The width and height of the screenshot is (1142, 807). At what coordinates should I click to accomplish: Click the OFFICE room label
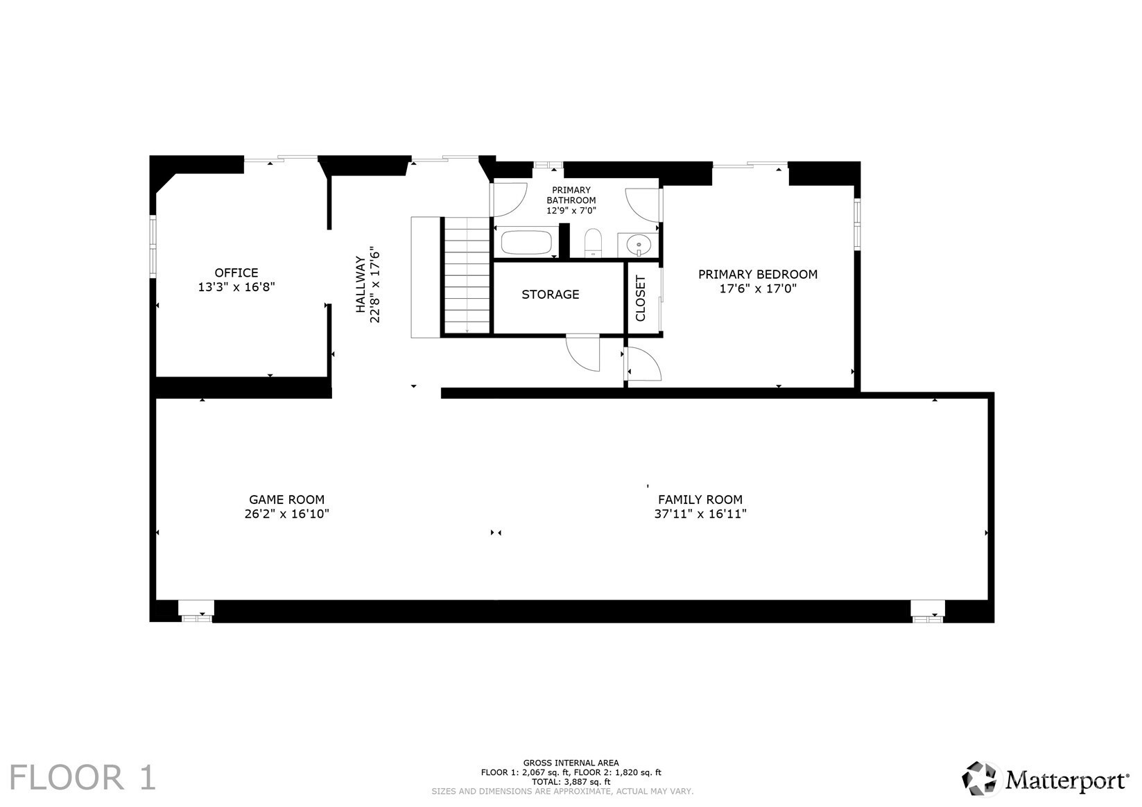236,272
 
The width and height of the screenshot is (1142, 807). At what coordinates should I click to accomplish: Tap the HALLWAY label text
361,284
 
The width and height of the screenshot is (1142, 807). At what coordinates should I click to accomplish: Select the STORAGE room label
550,294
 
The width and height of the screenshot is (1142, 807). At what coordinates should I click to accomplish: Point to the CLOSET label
640,298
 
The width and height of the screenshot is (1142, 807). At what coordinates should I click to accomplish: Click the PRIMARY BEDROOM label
758,275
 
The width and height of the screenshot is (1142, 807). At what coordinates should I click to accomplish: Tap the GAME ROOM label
286,500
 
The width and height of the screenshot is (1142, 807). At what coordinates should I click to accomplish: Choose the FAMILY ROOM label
700,500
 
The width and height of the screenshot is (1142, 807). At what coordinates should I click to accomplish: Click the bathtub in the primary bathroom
526,243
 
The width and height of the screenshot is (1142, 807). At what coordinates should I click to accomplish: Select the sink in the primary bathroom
639,245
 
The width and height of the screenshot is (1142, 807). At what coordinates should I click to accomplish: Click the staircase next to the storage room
467,275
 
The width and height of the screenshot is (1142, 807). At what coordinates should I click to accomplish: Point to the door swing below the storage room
582,353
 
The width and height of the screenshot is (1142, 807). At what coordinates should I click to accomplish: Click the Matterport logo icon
979,779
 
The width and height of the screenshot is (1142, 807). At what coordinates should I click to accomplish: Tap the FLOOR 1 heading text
83,778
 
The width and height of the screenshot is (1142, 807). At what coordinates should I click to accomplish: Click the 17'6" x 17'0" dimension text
758,288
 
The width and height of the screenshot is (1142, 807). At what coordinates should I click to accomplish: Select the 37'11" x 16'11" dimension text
700,514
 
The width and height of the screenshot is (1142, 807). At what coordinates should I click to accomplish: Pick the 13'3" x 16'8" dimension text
236,287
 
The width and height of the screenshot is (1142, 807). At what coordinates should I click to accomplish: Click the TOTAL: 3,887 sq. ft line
571,782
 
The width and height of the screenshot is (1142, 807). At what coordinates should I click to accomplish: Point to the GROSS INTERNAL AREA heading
571,763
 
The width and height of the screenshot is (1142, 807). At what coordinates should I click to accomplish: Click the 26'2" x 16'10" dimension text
286,514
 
